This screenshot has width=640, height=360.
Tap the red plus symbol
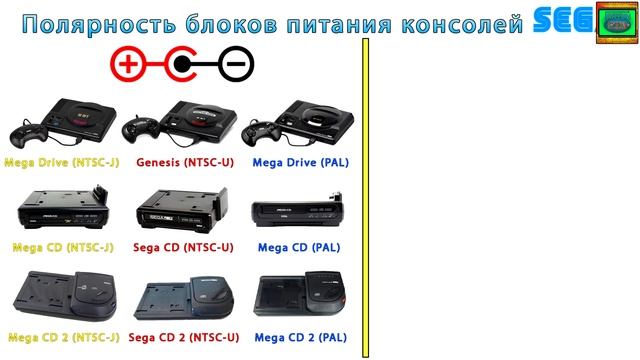coord(127,66)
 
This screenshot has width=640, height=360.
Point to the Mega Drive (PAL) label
coord(301,160)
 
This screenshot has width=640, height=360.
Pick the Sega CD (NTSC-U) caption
coord(181,247)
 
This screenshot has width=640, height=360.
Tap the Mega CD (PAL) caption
coord(301,247)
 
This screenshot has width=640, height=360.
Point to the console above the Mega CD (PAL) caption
coord(300,211)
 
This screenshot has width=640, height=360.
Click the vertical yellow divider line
coord(366,200)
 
